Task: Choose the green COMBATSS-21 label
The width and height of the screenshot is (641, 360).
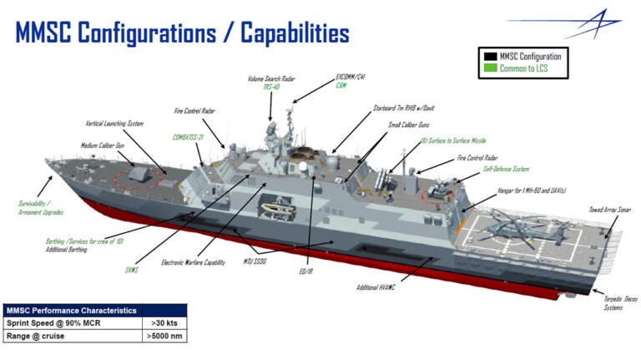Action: point(190,136)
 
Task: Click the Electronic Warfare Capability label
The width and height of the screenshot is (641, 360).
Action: point(193,262)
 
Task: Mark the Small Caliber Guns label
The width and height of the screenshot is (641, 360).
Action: point(408,124)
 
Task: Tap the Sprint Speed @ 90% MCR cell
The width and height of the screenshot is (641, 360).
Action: point(72,322)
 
